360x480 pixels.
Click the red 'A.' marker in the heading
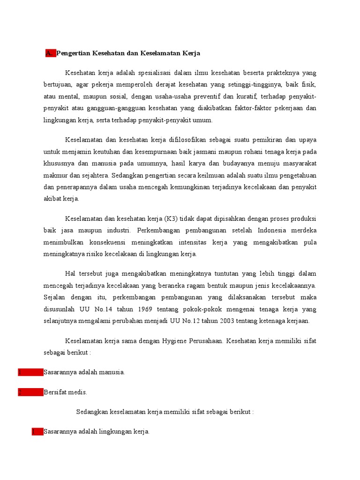coord(50,53)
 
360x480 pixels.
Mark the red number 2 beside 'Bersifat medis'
coord(20,392)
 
